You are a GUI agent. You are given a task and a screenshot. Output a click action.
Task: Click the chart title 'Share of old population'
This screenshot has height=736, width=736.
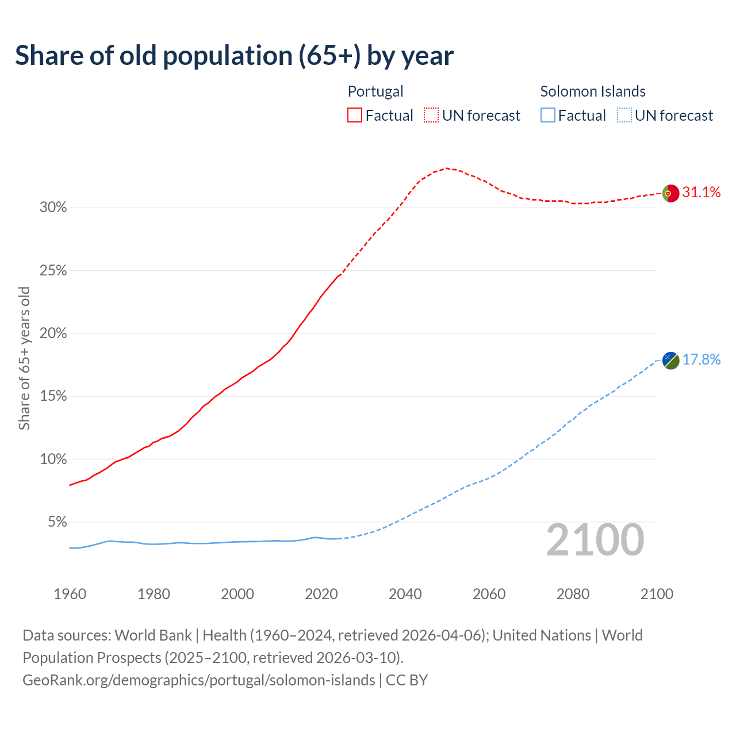pos(234,56)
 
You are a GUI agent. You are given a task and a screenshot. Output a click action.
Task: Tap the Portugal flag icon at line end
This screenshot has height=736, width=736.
pos(670,193)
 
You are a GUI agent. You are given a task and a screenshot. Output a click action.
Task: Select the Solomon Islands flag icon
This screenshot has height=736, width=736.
pos(670,361)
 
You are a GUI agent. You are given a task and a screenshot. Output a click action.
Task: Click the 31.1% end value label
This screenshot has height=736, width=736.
pos(701,193)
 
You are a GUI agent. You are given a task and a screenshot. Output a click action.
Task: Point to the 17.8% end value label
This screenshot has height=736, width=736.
pos(701,360)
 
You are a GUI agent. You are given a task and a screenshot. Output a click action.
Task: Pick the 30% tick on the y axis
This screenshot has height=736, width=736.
pos(53,208)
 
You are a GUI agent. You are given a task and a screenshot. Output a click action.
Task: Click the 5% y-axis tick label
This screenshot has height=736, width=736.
pos(56,522)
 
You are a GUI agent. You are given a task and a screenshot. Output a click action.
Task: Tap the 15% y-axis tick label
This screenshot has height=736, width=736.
pos(53,396)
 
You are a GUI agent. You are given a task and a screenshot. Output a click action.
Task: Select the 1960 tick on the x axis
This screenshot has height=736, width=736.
pos(70,594)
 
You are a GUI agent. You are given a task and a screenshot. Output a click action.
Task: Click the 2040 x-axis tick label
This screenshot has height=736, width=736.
pos(405,594)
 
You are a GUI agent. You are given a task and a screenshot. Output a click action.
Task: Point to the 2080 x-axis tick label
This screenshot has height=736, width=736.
pos(573,594)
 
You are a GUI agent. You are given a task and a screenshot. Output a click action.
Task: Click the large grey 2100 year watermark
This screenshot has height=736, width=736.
pos(595,540)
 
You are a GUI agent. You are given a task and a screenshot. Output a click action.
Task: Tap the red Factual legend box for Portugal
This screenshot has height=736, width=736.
pos(355,116)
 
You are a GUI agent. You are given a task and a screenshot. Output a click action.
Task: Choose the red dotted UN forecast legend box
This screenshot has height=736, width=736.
pos(431,116)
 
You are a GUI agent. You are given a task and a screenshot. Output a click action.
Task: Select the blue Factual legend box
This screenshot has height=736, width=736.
pos(548,116)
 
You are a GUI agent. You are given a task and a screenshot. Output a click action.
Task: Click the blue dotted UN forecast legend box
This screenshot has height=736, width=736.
pos(624,116)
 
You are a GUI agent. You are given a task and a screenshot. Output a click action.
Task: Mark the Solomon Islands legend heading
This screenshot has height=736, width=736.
pos(593,91)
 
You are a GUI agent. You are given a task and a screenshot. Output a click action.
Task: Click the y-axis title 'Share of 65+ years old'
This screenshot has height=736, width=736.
pos(24,358)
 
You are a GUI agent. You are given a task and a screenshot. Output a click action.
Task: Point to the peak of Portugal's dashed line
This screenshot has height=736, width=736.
pos(446,168)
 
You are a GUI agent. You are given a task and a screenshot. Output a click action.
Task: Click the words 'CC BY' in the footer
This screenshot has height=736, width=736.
pos(407,680)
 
